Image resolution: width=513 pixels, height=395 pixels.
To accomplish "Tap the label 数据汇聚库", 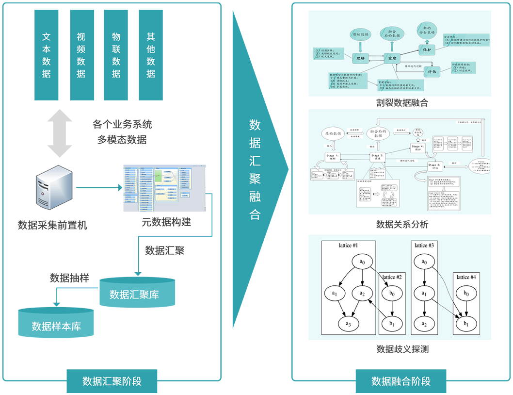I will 134,295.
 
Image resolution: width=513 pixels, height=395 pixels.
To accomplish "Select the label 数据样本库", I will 56,326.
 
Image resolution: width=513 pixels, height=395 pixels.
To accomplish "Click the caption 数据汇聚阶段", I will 112,381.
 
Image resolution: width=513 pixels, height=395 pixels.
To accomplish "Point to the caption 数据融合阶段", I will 401,381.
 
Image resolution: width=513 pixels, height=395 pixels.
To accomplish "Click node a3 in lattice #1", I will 348,324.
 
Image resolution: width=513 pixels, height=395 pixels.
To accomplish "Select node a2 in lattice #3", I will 424,324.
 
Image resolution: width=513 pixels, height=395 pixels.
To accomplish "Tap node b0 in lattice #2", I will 392,294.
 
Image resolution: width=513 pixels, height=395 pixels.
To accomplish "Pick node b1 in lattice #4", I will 466,324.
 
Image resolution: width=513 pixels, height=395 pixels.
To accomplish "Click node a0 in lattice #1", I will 361,262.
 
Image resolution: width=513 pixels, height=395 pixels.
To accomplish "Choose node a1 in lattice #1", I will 335,293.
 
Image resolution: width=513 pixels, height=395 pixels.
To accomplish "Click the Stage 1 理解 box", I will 334,157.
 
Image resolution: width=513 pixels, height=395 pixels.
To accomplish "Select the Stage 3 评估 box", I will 433,166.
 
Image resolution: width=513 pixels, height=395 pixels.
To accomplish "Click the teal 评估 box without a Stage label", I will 433,71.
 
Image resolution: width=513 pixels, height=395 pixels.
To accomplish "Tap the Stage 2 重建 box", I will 377,157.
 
